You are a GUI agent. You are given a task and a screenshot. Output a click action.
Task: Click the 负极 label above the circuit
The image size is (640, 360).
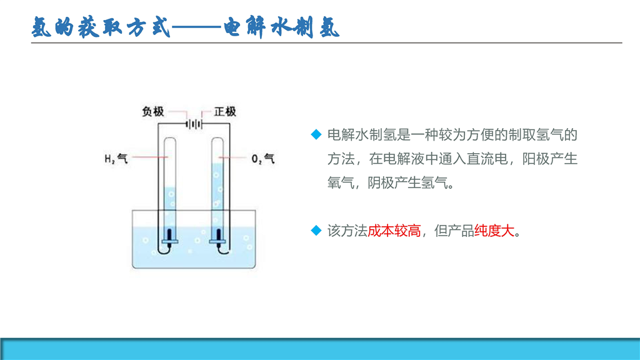[x=153, y=111]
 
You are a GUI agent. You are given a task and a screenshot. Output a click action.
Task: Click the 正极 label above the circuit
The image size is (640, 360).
[x=225, y=111]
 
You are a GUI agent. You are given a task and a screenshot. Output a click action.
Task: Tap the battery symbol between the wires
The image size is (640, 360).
[x=194, y=124]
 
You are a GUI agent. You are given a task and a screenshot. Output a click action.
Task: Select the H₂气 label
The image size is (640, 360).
[x=116, y=158]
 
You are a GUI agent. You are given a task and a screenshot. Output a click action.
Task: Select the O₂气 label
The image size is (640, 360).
[x=263, y=158]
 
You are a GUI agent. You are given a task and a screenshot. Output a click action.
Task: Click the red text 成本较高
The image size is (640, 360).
[x=394, y=231]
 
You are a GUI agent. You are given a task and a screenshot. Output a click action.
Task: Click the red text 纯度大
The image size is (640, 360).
[x=494, y=231]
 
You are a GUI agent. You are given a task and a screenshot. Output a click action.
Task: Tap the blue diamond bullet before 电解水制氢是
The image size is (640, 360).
[x=316, y=134]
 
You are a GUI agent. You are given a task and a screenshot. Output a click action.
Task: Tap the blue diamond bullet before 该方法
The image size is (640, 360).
[x=316, y=231]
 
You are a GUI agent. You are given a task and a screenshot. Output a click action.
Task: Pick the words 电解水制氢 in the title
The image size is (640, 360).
[x=282, y=27]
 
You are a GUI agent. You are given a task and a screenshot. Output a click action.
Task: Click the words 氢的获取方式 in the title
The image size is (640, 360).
[x=101, y=27]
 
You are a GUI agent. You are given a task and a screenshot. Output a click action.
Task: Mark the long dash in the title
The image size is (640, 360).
[x=197, y=27]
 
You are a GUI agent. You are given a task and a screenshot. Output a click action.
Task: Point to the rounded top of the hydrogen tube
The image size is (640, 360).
[x=170, y=139]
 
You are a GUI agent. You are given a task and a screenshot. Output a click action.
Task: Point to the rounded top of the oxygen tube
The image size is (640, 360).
[x=217, y=139]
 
